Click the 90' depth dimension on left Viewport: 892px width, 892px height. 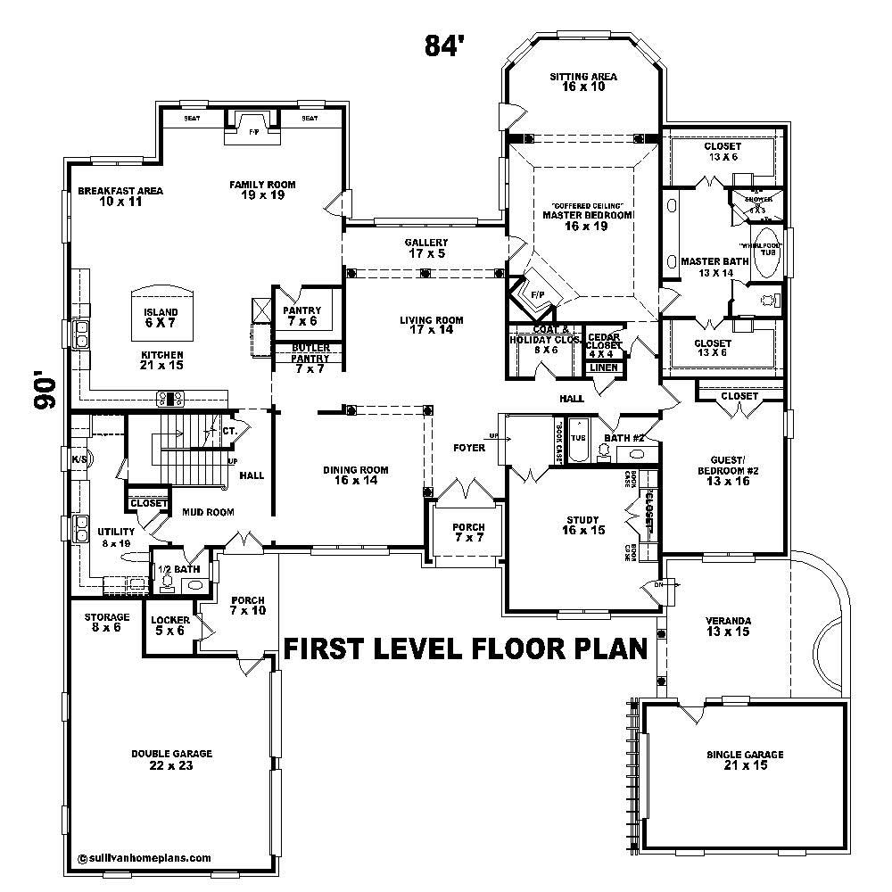point(45,390)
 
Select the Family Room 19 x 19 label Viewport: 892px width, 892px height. point(262,190)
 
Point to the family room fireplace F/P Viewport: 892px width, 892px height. point(253,132)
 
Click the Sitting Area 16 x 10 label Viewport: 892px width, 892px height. point(583,82)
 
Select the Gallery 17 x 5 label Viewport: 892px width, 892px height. point(426,248)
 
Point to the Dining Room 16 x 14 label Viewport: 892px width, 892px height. point(355,475)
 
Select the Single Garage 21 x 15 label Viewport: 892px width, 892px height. point(745,760)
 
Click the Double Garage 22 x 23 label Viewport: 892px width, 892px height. point(171,759)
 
